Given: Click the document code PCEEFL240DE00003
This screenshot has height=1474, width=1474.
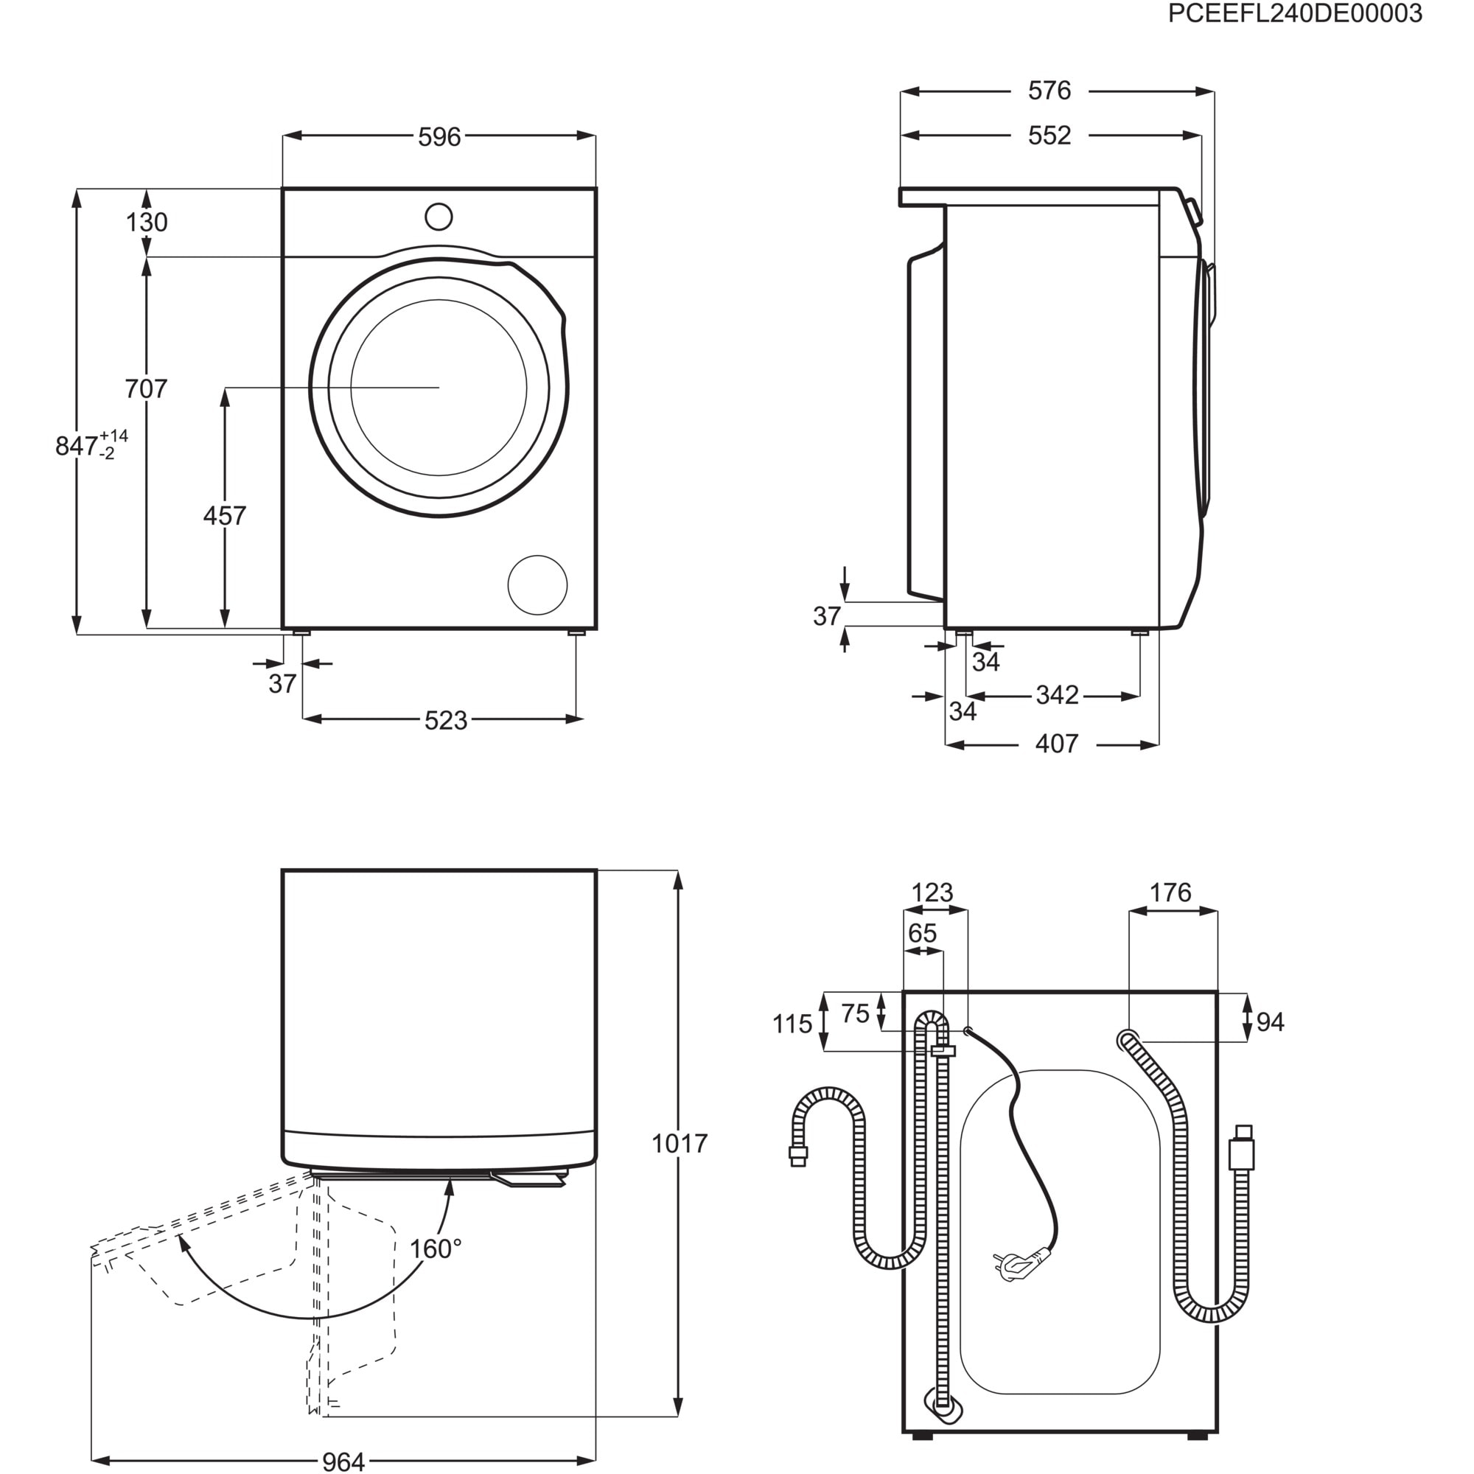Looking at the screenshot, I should [1295, 14].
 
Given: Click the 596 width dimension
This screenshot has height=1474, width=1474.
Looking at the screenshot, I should [439, 136].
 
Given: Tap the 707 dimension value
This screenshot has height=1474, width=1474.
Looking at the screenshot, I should [146, 388].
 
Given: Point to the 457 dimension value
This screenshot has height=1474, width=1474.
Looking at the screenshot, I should [224, 516].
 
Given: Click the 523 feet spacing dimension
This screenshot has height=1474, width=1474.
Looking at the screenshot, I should [446, 720].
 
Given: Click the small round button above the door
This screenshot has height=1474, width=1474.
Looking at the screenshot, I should [439, 216].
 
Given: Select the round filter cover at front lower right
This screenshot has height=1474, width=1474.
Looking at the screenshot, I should [537, 585].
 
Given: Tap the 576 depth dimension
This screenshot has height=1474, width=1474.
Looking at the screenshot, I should [1049, 91].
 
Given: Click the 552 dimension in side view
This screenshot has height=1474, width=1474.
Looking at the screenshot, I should [1049, 135].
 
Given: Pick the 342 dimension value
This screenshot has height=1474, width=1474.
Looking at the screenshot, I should [1057, 695].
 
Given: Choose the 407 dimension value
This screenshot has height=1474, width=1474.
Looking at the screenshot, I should [1057, 743].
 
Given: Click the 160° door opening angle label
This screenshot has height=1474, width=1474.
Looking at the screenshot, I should [436, 1249].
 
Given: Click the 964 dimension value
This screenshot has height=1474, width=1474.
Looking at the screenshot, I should [343, 1461].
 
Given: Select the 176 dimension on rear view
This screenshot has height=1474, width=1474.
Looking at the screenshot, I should [1170, 892].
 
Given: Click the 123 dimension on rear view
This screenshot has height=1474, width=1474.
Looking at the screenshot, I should [932, 892].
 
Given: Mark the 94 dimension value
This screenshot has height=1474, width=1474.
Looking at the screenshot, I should [1270, 1021].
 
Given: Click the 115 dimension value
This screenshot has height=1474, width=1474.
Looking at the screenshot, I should [792, 1024].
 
